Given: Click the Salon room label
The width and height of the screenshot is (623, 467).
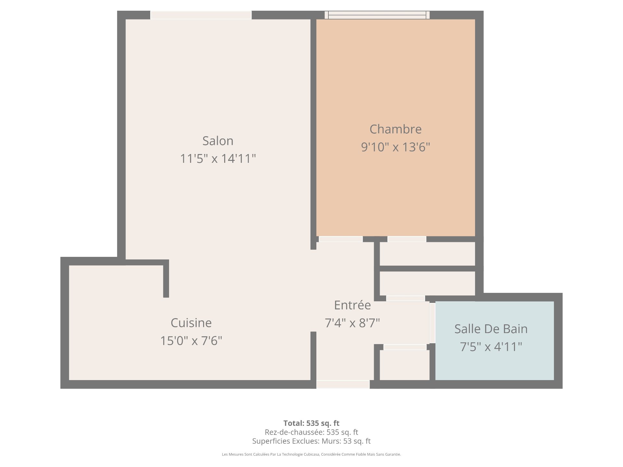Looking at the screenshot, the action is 218,141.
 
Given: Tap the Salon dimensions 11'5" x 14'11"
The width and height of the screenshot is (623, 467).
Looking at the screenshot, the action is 218,159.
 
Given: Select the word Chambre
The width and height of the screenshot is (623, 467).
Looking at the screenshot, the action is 396,129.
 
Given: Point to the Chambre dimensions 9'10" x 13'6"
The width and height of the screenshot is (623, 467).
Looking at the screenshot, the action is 396,147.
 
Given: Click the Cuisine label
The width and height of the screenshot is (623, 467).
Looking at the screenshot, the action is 191,323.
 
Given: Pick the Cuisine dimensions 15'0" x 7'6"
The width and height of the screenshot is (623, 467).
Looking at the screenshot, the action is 191,341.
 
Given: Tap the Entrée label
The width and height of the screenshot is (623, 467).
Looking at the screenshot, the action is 352,305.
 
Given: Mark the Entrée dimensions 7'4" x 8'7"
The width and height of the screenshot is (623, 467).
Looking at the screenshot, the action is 352,323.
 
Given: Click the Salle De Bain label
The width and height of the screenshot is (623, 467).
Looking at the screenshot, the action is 491,329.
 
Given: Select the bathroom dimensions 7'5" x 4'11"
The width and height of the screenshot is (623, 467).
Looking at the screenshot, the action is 491,347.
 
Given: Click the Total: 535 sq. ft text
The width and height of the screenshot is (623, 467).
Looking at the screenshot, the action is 311,423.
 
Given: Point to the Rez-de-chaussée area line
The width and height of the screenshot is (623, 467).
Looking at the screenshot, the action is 311,432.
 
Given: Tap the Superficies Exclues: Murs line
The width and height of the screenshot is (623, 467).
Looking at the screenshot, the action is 311,441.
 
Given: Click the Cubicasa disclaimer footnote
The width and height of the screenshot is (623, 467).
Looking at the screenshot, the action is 311,454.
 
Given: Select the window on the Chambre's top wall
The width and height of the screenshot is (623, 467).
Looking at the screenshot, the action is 377,15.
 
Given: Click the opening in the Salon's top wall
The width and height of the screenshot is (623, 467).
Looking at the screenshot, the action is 201,15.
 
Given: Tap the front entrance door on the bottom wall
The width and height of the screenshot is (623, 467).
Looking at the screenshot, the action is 343,384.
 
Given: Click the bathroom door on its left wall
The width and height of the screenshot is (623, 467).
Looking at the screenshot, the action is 432,323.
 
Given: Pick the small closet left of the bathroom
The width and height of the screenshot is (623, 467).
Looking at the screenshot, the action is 405,365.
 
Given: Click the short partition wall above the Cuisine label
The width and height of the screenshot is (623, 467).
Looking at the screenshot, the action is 166,279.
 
